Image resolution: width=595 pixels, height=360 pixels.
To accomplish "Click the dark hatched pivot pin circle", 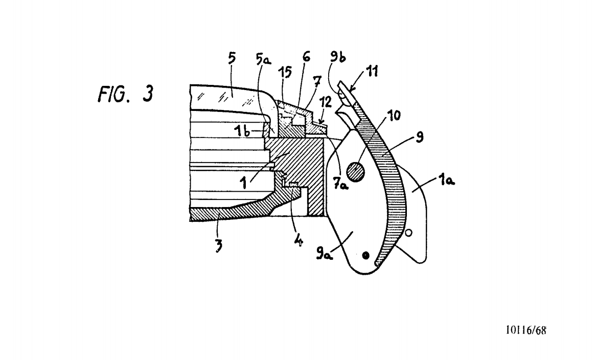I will tap(357, 170).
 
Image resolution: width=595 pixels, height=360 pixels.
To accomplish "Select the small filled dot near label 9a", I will tap(365, 255).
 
